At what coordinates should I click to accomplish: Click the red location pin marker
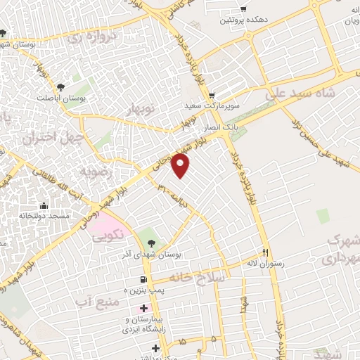(181, 166)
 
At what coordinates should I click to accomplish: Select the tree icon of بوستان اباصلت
(61, 87)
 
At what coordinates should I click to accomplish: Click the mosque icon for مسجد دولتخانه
(44, 206)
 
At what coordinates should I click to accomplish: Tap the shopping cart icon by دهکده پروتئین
(243, 9)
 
